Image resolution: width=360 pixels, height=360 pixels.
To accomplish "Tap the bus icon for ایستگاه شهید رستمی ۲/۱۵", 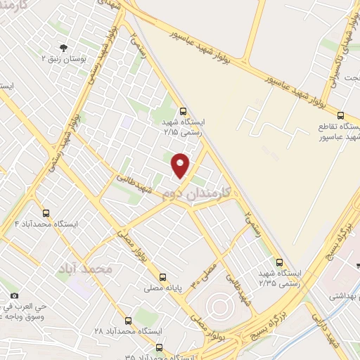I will click(184, 111).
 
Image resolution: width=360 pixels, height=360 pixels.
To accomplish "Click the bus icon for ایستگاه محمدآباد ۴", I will click(46, 213).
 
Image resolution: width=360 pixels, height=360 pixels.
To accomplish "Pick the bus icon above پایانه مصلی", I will click(163, 277).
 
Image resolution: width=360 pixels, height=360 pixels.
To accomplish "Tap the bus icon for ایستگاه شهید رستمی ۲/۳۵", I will click(279, 262).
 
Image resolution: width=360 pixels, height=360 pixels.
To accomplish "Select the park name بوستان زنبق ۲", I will click(64, 58).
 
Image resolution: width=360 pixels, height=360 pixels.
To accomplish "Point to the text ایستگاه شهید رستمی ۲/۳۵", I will click(279, 277).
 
